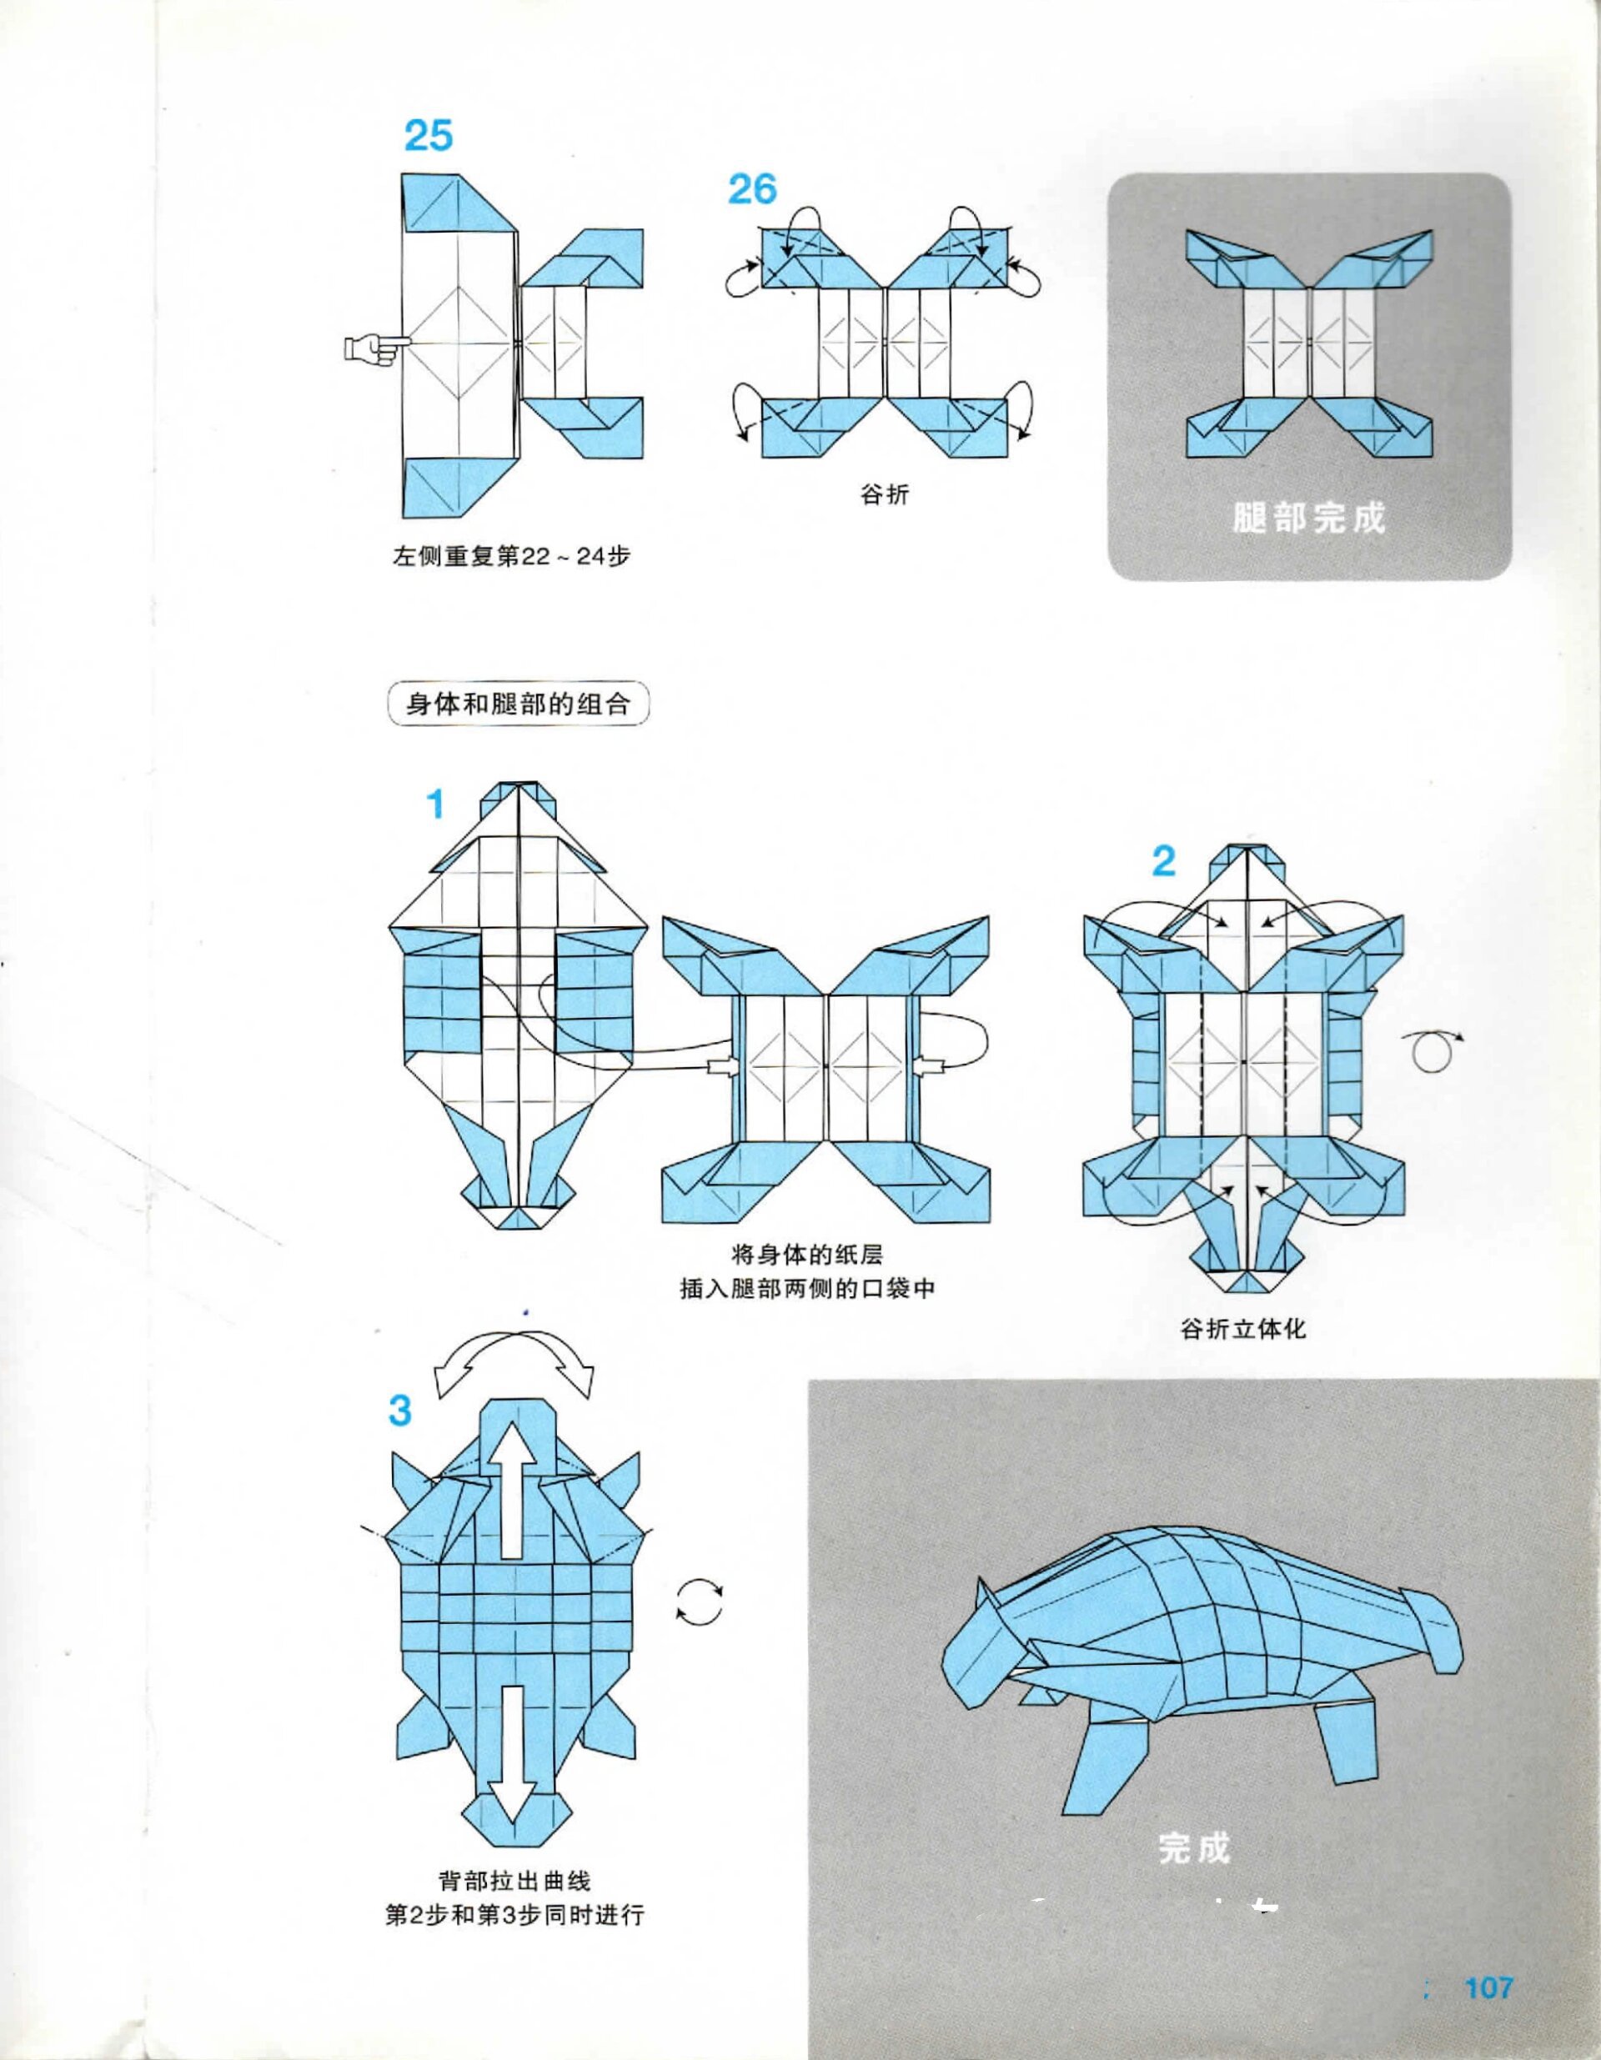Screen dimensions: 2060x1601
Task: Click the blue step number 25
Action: point(429,136)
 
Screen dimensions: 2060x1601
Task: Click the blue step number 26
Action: point(752,189)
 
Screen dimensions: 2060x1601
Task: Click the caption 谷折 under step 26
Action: point(884,494)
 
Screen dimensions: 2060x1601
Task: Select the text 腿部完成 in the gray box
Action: point(1308,518)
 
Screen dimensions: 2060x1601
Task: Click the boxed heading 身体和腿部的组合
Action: point(518,704)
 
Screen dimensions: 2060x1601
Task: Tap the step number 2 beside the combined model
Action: point(1164,861)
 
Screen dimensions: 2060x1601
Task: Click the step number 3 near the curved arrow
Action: point(400,1437)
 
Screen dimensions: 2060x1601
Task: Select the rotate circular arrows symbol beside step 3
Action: point(699,1601)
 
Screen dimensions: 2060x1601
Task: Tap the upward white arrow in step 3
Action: point(510,1493)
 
